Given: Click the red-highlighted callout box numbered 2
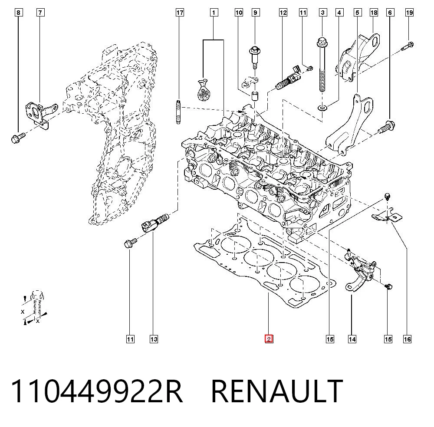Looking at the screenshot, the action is point(269,339).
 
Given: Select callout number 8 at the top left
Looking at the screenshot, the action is point(19,13).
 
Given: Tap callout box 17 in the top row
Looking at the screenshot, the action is point(180,13).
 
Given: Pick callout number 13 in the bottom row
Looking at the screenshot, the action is point(154,339).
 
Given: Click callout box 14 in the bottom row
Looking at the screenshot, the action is point(352,339).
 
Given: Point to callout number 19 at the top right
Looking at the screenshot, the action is point(409,13).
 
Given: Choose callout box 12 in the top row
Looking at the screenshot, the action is point(283,13).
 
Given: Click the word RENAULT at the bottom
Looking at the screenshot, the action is point(277,391).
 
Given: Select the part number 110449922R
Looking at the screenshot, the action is point(97,391).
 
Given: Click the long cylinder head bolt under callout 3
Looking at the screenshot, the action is point(322,64).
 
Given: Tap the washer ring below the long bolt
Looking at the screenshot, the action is point(322,107).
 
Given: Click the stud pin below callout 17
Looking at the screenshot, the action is point(178,112).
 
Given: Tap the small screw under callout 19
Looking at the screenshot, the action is point(408,46).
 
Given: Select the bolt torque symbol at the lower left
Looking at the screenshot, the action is point(35,307).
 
